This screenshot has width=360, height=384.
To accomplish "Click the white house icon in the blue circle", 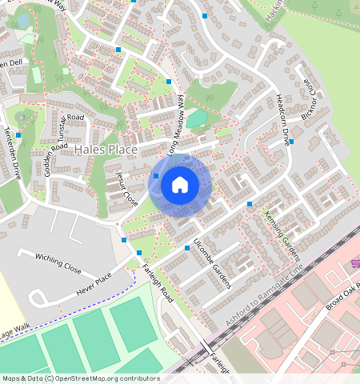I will click(180, 185).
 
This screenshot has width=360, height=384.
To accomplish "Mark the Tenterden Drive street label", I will click(14, 153).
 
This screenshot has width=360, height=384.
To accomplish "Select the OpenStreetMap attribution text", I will click(80, 378).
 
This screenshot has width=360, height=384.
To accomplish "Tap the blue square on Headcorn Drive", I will click(291, 142).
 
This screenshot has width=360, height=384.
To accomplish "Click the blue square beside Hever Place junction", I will click(124, 239).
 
